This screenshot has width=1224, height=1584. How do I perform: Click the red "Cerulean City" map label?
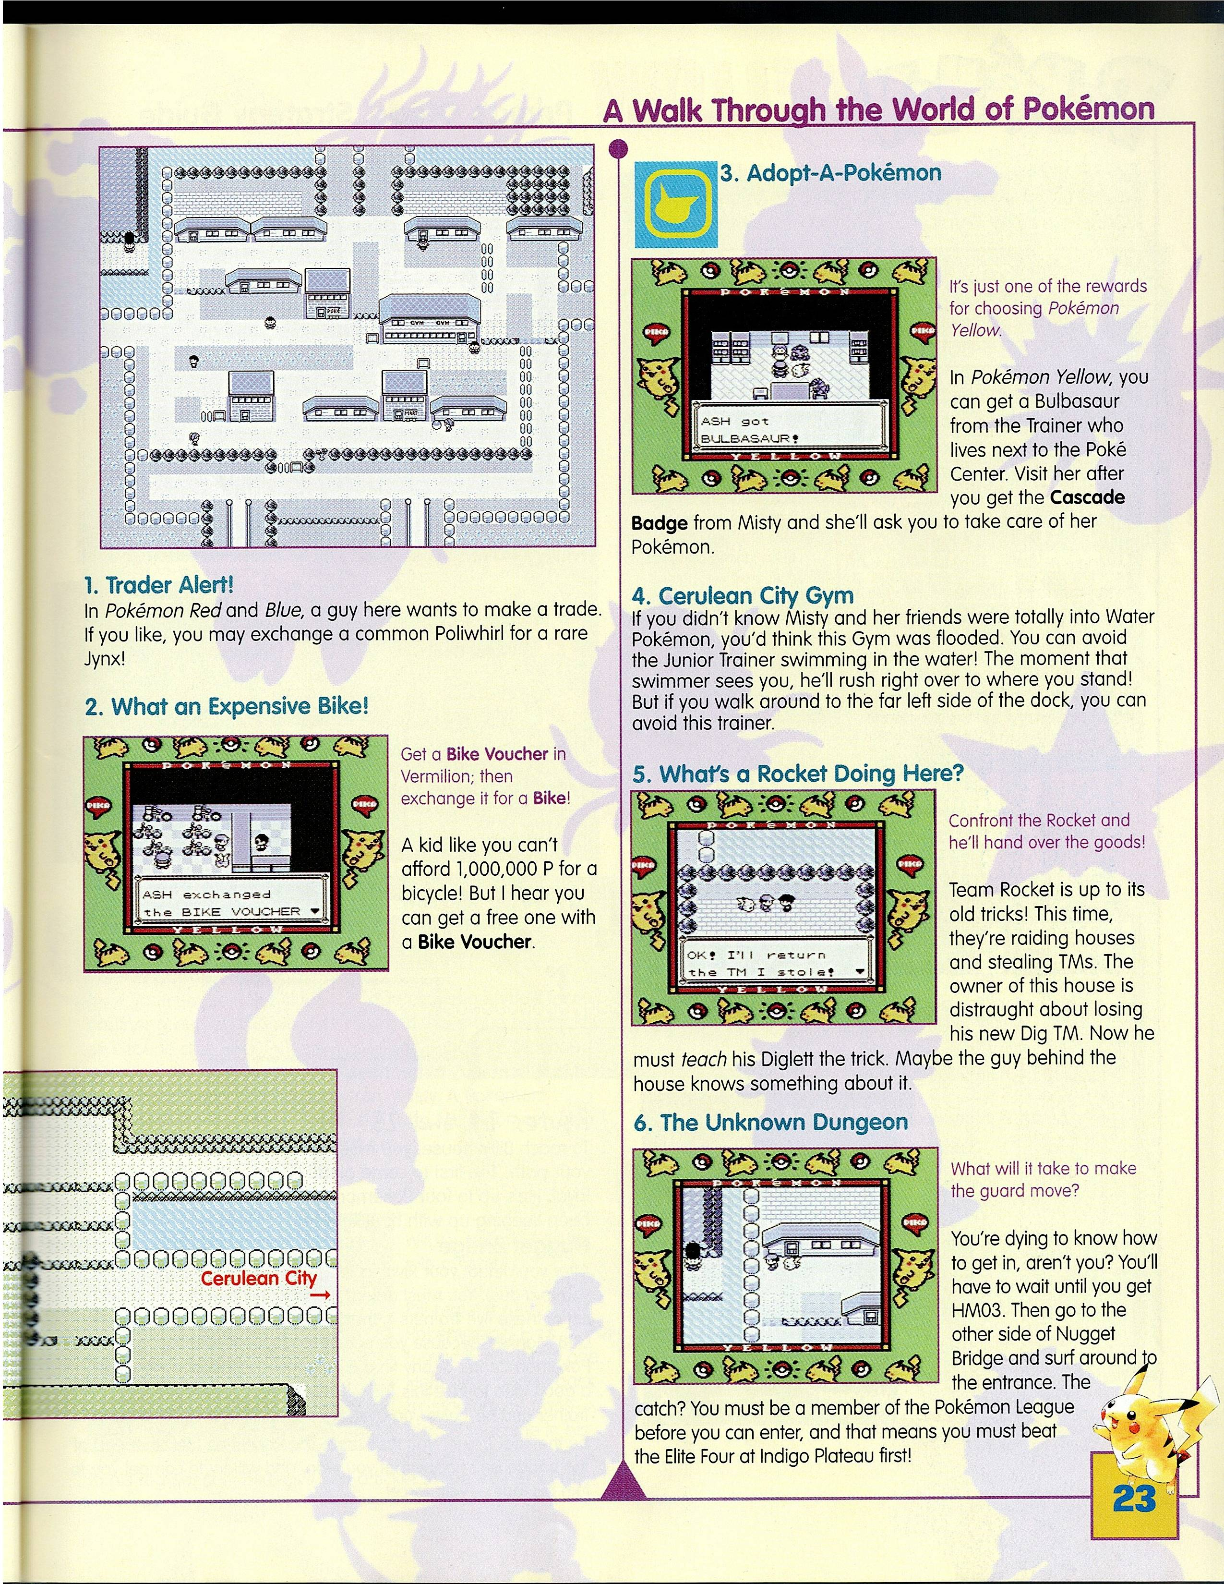point(259,1278)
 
